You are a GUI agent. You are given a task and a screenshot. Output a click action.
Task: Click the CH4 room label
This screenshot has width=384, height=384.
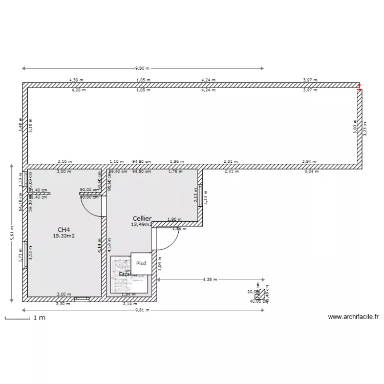coord(64,229)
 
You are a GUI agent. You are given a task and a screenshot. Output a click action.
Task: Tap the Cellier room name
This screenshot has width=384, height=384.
coord(142,218)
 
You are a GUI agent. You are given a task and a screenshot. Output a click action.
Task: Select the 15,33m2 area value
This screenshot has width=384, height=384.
coord(64,236)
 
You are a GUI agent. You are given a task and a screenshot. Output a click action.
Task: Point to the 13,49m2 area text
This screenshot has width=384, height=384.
coord(142,224)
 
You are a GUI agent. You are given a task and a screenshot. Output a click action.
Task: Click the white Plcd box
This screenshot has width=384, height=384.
coord(141,264)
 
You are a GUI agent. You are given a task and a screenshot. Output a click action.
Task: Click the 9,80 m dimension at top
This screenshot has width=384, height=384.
coord(143,68)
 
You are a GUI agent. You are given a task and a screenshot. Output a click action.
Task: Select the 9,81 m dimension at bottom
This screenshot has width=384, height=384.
coord(143,310)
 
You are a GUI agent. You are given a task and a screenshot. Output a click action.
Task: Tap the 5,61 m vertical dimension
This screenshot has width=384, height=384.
coord(11,233)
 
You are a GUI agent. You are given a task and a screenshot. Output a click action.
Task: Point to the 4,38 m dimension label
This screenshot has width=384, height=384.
coord(209,280)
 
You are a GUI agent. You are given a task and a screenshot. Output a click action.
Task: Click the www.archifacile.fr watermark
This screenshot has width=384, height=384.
coord(353,317)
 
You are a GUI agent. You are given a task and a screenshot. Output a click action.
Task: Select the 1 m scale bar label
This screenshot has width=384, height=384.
coord(39,318)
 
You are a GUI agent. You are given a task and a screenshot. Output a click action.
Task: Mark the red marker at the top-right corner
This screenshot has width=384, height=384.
coord(360,87)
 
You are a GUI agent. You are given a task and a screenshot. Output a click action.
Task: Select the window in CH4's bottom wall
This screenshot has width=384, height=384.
coord(81,297)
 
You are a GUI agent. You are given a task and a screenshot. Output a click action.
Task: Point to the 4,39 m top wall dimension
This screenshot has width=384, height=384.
coord(76,80)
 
